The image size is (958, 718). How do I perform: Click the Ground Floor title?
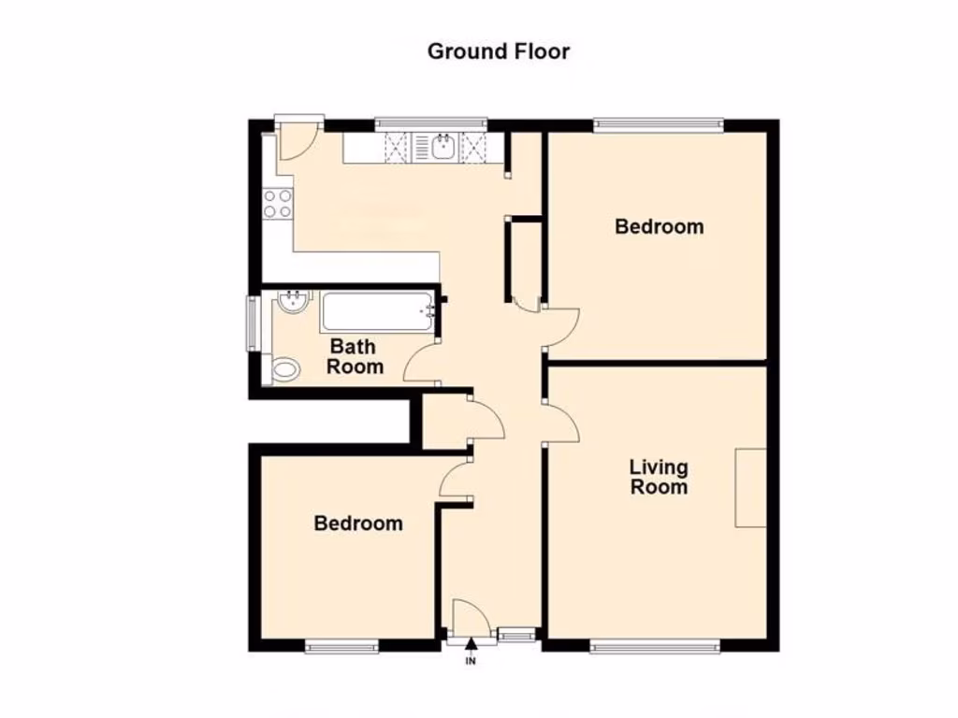pyautogui.click(x=498, y=51)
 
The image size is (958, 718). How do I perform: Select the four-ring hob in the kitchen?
pyautogui.click(x=278, y=204)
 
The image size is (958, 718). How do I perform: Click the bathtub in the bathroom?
pyautogui.click(x=377, y=311)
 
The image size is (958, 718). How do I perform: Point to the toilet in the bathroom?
pyautogui.click(x=284, y=370)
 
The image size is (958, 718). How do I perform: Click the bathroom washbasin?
pyautogui.click(x=293, y=301)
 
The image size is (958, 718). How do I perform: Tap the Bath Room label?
pyautogui.click(x=355, y=357)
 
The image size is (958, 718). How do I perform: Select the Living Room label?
pyautogui.click(x=658, y=477)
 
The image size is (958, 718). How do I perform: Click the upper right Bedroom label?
pyautogui.click(x=659, y=226)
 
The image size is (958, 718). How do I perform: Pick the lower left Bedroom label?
pyautogui.click(x=358, y=524)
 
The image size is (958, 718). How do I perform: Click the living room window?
pyautogui.click(x=655, y=644)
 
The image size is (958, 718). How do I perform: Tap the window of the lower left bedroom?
pyautogui.click(x=341, y=644)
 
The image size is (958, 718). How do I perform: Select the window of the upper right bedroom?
pyautogui.click(x=659, y=123)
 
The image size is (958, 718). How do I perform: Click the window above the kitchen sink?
pyautogui.click(x=430, y=122)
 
